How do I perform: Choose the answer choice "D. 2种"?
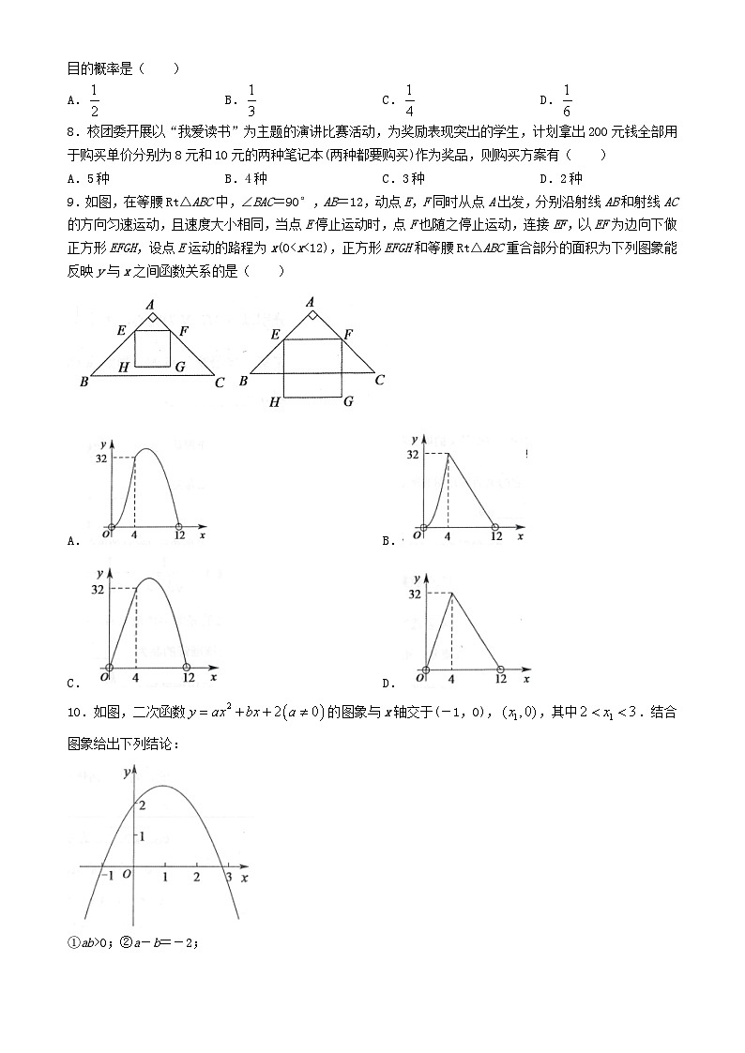pyautogui.click(x=561, y=178)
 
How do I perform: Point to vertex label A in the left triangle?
pyautogui.click(x=151, y=304)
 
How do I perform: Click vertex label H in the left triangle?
pyautogui.click(x=123, y=367)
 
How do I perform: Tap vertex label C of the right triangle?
pyautogui.click(x=379, y=380)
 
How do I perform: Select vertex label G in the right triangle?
pyautogui.click(x=347, y=401)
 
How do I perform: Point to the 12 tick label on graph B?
pyautogui.click(x=496, y=536)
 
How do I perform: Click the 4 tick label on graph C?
pyautogui.click(x=137, y=677)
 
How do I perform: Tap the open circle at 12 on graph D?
pyautogui.click(x=500, y=669)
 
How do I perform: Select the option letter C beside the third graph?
pyautogui.click(x=73, y=683)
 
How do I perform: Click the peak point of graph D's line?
pyautogui.click(x=453, y=593)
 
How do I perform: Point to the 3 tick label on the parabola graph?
pyautogui.click(x=226, y=878)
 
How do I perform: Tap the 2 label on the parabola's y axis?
pyautogui.click(x=141, y=805)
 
